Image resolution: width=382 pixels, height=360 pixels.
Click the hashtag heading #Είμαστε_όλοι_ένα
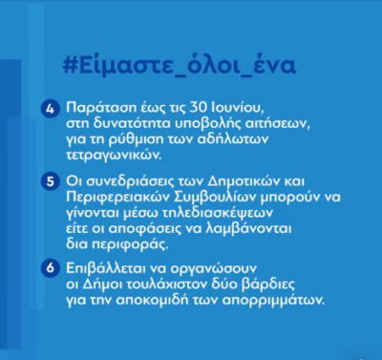pyautogui.click(x=180, y=65)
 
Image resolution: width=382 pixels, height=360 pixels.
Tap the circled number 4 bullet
pyautogui.click(x=51, y=109)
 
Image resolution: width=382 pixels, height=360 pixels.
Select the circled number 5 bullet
pyautogui.click(x=51, y=181)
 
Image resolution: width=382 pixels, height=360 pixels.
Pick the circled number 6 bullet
pyautogui.click(x=51, y=268)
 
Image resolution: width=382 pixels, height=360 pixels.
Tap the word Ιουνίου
pyautogui.click(x=237, y=108)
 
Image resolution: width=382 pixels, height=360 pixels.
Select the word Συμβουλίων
pyautogui.click(x=215, y=198)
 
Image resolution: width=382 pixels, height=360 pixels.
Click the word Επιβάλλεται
pyautogui.click(x=105, y=268)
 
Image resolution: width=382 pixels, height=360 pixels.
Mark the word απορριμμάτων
pyautogui.click(x=273, y=301)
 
